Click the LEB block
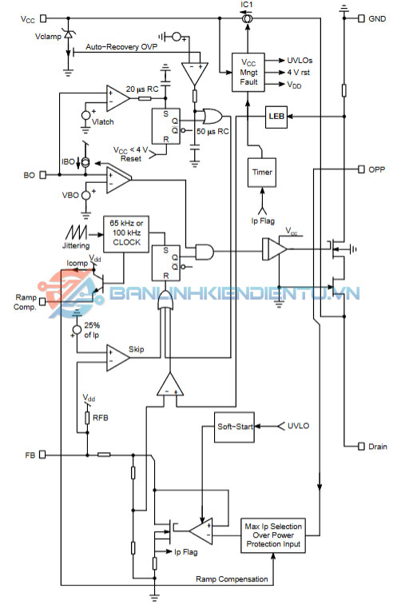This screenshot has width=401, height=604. point(276,117)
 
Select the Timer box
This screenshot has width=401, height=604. point(262,173)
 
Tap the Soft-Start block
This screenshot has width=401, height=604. point(234,427)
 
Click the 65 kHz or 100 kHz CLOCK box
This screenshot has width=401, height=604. point(126,234)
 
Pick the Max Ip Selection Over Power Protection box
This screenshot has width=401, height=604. point(273,535)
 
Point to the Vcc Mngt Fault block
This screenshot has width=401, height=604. point(248,73)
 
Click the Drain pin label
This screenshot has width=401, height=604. point(378,447)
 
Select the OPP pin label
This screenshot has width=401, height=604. point(376,169)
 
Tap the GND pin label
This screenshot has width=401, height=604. point(377,18)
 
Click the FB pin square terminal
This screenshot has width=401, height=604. point(42,455)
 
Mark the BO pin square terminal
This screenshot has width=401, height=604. point(43,175)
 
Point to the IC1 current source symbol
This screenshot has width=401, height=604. point(247,18)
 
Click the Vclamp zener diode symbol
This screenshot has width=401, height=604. point(68,34)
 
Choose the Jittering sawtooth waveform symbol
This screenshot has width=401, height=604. point(76,232)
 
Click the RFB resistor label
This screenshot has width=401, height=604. point(101,418)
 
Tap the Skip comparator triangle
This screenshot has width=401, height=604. point(117,358)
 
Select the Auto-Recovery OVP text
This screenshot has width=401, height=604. point(121,47)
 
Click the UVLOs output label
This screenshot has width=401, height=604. point(300,61)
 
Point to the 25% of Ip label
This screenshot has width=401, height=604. point(92,330)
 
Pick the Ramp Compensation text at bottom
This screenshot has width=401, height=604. point(232,579)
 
